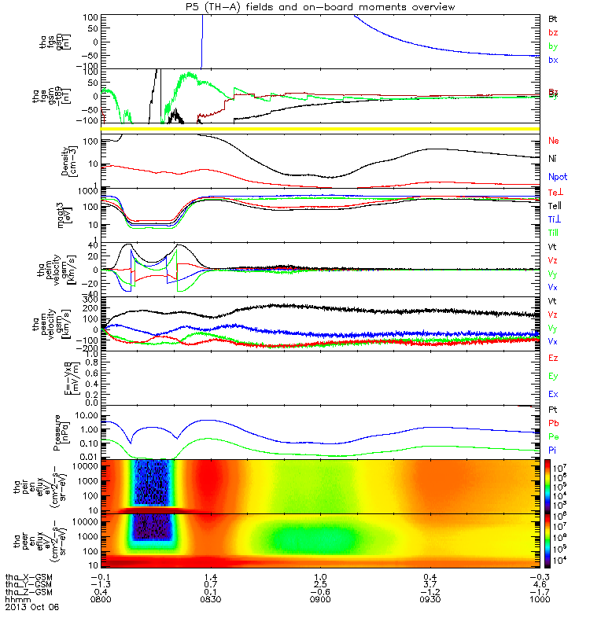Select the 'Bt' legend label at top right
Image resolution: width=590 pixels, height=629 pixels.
552,17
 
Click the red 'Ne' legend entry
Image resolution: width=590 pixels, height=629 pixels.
553,141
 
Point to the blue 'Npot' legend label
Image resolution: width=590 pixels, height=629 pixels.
557,177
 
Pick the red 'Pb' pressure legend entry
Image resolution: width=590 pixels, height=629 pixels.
553,422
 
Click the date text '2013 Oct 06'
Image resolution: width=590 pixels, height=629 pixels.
31,607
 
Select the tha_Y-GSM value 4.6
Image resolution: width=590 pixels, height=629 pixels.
537,583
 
